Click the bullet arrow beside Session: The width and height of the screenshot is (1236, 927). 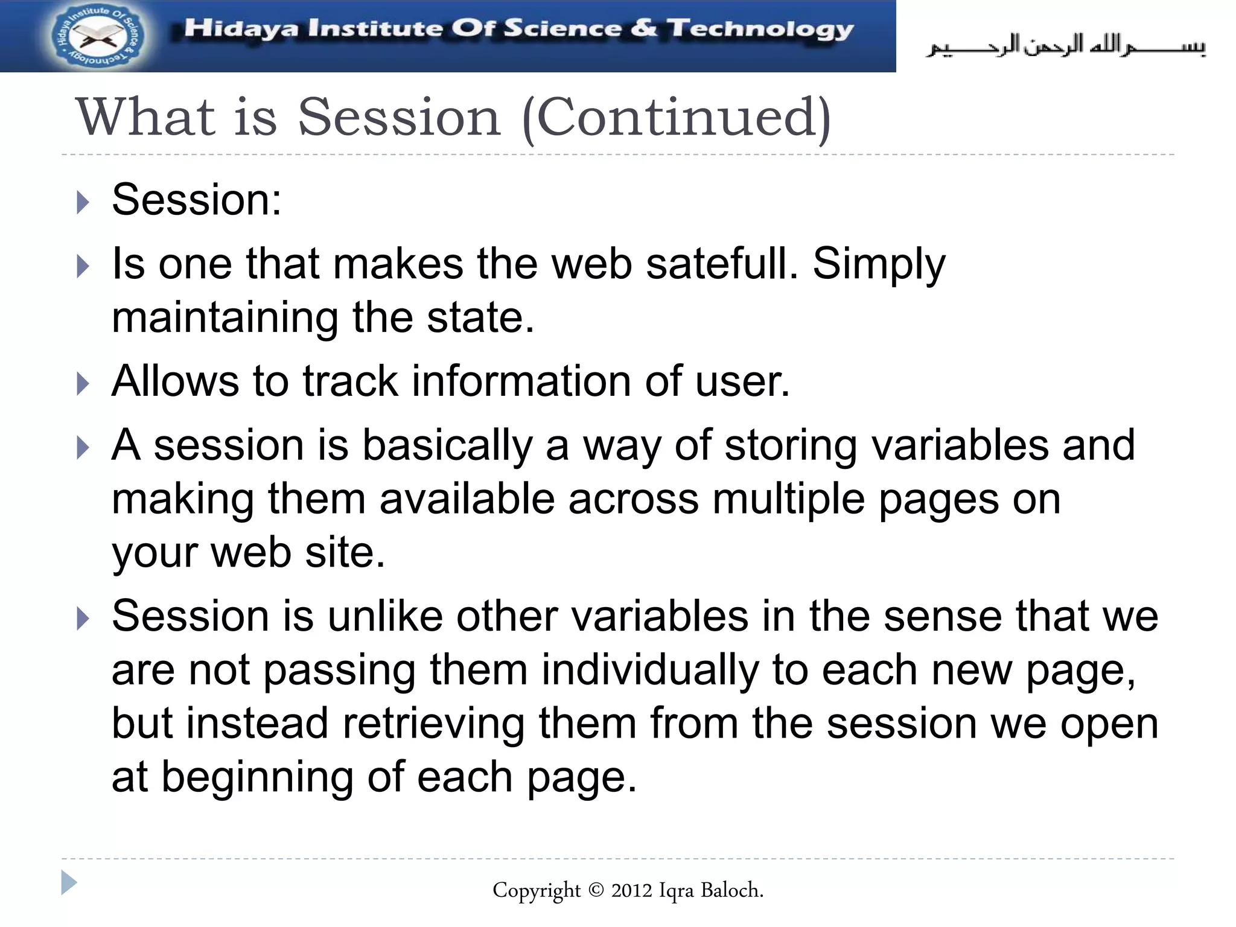coord(83,203)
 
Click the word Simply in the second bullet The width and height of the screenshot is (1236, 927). coord(879,266)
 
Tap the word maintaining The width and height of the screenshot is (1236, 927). coord(225,319)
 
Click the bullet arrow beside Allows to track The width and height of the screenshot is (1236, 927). coord(83,384)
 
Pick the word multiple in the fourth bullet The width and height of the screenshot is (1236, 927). coord(788,500)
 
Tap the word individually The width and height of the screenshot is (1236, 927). coord(649,671)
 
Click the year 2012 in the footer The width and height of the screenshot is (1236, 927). coord(631,890)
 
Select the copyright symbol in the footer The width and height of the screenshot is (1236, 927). coord(595,890)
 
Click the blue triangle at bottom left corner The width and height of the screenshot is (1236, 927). coord(69,883)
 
